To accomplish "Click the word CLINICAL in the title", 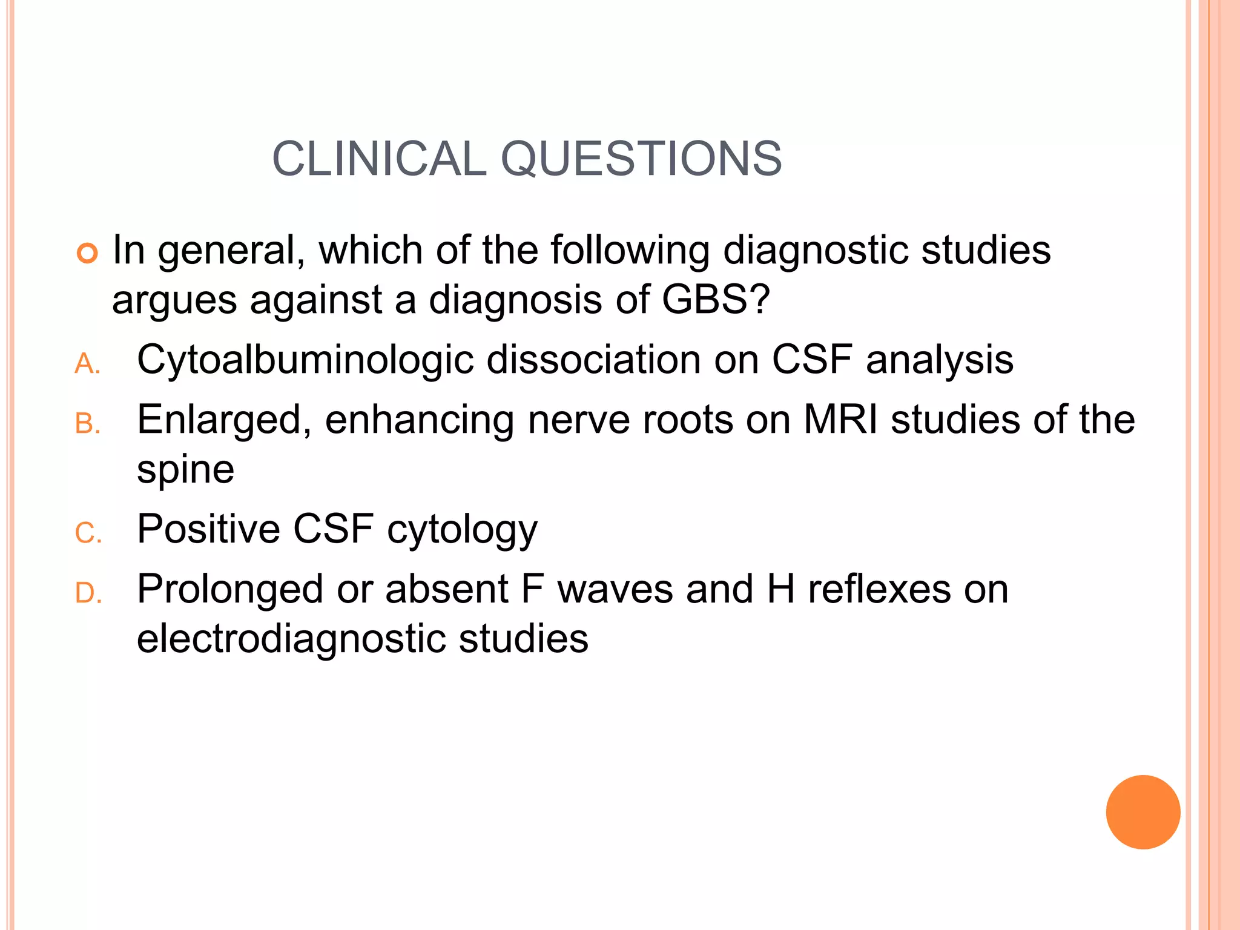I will pyautogui.click(x=380, y=159).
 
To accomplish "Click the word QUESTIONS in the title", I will pyautogui.click(x=641, y=159).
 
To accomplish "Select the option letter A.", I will pyautogui.click(x=87, y=364).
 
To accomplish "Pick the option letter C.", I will pyautogui.click(x=87, y=533).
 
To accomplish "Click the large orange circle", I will pyautogui.click(x=1143, y=812).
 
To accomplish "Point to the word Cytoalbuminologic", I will pyautogui.click(x=305, y=360).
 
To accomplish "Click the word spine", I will pyautogui.click(x=185, y=469).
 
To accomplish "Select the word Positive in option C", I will pyautogui.click(x=208, y=529).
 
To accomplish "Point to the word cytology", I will pyautogui.click(x=462, y=530).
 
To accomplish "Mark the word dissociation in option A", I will pyautogui.click(x=593, y=360).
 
